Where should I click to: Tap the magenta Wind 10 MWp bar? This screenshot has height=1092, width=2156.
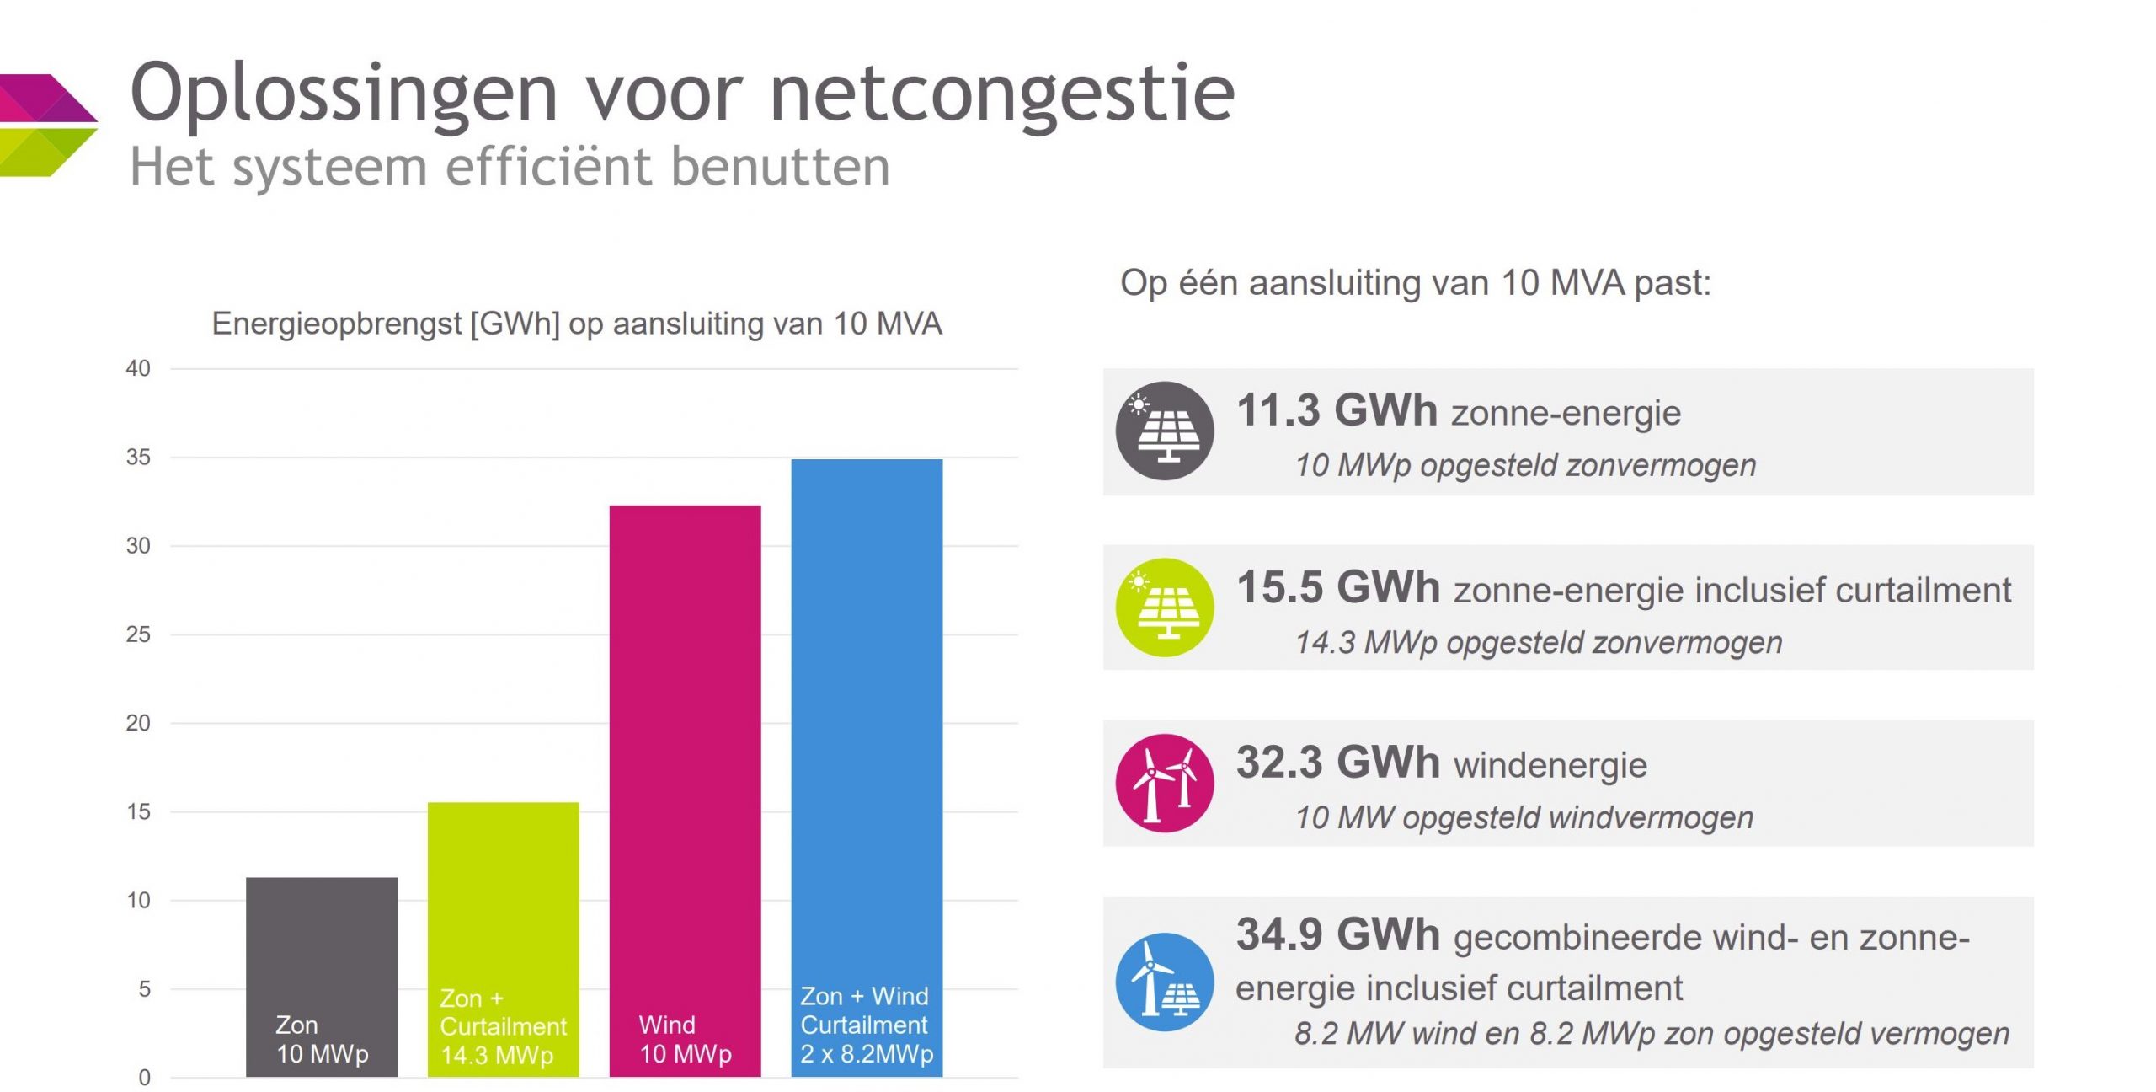685,758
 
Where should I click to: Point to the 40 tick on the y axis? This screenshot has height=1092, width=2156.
138,368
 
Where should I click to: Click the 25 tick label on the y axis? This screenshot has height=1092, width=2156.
138,634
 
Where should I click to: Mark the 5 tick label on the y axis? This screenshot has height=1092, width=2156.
144,989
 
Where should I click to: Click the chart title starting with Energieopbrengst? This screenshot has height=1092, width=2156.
576,324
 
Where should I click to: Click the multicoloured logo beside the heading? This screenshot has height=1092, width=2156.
47,125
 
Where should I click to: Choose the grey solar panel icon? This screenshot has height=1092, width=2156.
1164,431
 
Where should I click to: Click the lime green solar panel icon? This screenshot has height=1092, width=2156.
1164,608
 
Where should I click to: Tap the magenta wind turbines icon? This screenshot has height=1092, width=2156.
1164,783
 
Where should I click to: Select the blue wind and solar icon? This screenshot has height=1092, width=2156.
1164,982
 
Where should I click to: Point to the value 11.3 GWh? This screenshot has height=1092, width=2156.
1337,411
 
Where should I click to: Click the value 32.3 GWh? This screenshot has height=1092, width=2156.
1337,763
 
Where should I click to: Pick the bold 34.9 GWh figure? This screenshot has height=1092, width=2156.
1337,934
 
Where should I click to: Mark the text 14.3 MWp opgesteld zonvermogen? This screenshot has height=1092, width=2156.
1538,643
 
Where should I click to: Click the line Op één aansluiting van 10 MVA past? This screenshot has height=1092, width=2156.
1415,283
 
